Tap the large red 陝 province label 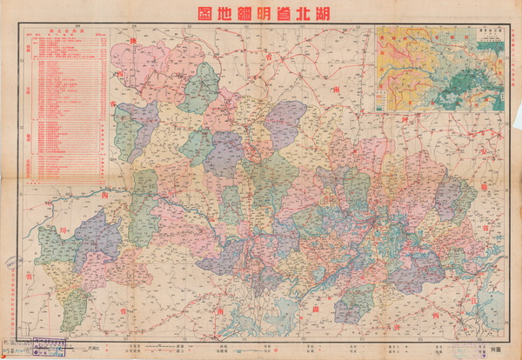(x=133, y=42)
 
